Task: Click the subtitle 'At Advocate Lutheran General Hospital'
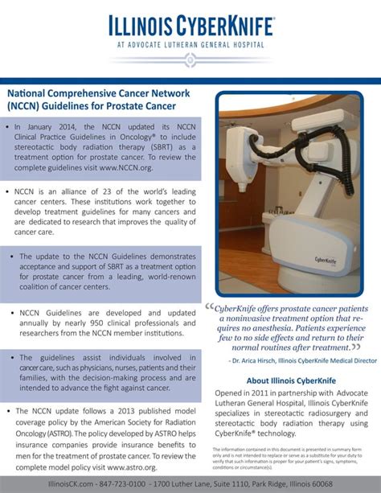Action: [190, 44]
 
